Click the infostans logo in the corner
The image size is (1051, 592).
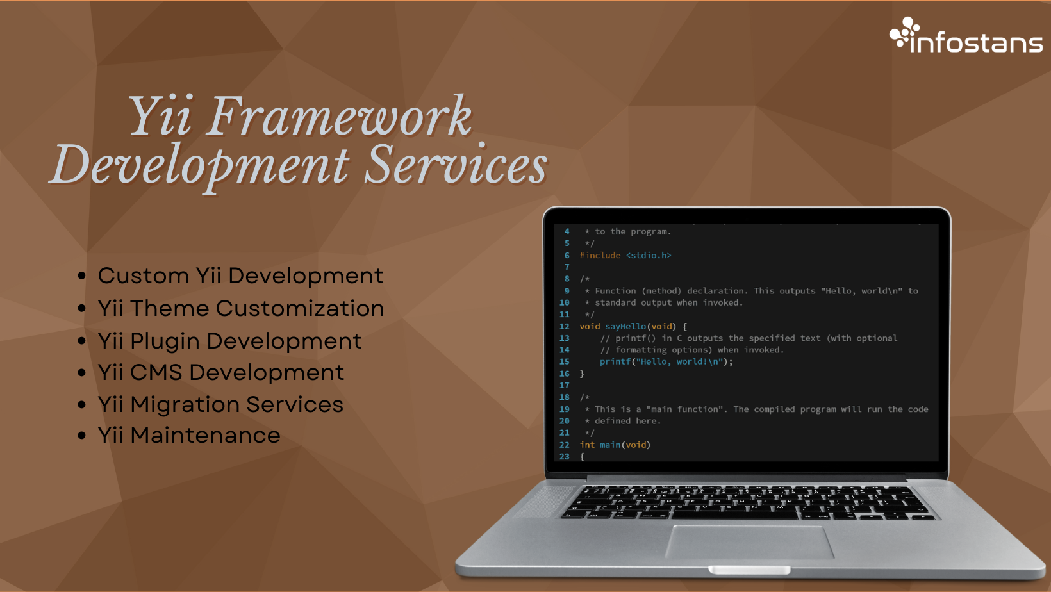click(966, 36)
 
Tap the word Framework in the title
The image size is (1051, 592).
click(339, 116)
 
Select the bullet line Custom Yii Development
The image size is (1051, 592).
click(240, 275)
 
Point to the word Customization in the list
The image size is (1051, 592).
click(300, 308)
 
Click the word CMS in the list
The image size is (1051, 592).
click(156, 372)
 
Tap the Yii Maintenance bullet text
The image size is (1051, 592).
click(189, 435)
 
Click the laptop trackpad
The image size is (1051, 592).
click(749, 542)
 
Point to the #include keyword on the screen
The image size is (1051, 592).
click(600, 255)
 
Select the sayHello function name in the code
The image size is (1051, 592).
click(625, 326)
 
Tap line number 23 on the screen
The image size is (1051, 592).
click(565, 456)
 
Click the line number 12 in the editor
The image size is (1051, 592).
click(565, 326)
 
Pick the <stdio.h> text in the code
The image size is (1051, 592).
click(649, 255)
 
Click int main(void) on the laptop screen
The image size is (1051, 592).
click(615, 445)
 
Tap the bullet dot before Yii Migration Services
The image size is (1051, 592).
click(81, 405)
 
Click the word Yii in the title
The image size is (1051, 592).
click(160, 116)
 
